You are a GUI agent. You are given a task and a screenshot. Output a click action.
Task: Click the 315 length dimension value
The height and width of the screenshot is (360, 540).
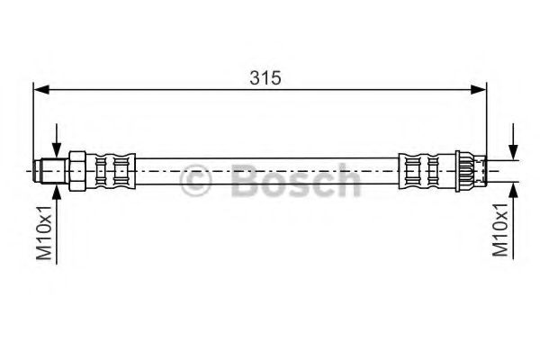265,78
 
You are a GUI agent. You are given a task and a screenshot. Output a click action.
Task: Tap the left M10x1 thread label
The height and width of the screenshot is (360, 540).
45,232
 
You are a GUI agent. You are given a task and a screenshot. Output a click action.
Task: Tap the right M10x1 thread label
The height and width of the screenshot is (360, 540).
499,229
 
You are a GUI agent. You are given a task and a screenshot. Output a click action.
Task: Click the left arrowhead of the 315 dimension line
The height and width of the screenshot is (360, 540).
41,90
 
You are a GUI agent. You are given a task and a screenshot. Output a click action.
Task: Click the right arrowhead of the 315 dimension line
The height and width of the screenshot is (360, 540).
479,90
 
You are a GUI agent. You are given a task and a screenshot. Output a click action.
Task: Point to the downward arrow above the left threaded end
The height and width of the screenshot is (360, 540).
57,141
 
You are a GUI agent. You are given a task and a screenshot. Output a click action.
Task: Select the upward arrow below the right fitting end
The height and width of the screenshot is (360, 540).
514,220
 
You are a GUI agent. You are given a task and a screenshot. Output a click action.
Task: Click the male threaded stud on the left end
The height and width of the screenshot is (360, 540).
51,171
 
